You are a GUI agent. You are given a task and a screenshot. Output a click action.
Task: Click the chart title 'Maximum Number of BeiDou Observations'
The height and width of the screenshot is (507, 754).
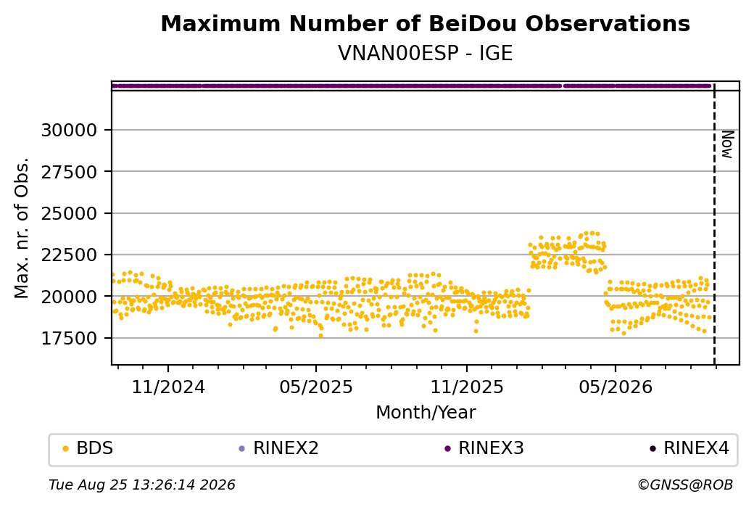(x=425, y=23)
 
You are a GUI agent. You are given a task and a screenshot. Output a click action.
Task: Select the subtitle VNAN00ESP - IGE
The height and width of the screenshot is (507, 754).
(x=425, y=53)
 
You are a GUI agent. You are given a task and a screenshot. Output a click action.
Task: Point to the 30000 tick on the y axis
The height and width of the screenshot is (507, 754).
(x=70, y=131)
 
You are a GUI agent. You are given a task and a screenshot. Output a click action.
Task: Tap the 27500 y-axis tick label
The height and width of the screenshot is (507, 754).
(x=70, y=172)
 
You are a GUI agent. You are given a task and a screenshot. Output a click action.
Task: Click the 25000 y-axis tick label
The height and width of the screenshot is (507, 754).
(x=70, y=213)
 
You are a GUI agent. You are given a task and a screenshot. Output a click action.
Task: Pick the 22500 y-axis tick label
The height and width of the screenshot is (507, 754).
(x=70, y=255)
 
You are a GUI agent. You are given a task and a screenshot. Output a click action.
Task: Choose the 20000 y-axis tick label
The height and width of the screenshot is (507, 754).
(x=70, y=297)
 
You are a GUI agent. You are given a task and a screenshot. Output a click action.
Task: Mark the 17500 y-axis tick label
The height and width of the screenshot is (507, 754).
(x=70, y=338)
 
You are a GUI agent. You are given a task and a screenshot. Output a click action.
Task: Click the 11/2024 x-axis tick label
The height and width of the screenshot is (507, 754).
(x=168, y=387)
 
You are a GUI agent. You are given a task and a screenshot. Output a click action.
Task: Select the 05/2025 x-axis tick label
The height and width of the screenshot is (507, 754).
(x=316, y=387)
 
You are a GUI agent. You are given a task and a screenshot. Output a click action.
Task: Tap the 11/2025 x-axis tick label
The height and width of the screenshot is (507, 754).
(x=466, y=387)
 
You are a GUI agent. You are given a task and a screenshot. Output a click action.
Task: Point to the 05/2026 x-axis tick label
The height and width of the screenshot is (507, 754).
(x=616, y=387)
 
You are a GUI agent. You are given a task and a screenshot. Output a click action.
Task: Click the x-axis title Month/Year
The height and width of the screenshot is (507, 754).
(x=426, y=412)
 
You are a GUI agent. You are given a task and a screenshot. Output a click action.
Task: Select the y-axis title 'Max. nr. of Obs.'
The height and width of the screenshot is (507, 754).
(x=22, y=228)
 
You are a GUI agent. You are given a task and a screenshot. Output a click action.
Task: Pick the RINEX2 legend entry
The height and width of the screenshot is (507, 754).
(x=279, y=448)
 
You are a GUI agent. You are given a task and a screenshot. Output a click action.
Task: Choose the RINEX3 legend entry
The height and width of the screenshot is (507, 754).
(x=484, y=448)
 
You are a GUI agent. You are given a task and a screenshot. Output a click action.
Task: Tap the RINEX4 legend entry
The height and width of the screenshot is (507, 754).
(x=689, y=448)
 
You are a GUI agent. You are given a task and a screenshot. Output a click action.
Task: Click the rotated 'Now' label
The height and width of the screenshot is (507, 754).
(x=728, y=144)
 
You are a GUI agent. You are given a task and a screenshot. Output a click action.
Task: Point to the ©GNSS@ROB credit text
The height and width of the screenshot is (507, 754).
(x=685, y=485)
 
